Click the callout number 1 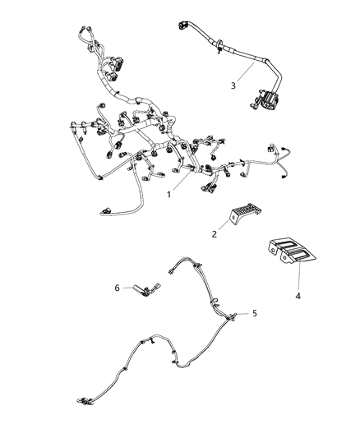169,196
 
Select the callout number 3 233,85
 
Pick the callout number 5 255,313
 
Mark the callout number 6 117,287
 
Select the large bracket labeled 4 291,251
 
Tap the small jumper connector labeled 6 150,288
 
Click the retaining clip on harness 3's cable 218,50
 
